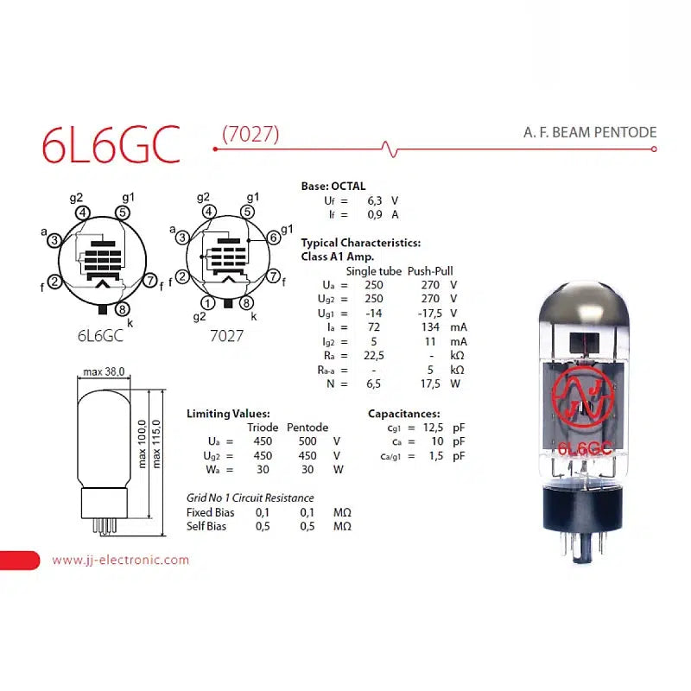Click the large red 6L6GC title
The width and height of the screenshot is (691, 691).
pos(111,145)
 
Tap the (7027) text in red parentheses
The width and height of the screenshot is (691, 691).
pos(250,134)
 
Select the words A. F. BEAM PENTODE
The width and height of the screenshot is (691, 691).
pos(590,132)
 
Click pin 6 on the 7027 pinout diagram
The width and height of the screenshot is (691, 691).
pos(274,238)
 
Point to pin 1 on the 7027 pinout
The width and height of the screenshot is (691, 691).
pos(207,303)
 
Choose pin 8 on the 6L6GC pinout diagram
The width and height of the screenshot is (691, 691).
pos(122,309)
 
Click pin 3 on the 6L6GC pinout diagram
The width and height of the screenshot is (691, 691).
pos(54,240)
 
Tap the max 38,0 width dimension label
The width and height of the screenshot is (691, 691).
pos(104,372)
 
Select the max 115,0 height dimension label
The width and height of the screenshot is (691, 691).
pos(156,444)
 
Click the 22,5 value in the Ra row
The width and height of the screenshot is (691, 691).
pos(374,356)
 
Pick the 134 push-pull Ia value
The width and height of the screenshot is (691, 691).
pos(430,327)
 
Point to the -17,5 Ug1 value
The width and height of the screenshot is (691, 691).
pos(429,314)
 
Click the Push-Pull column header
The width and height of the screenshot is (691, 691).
pos(430,271)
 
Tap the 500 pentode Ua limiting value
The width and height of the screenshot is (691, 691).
pos(307,441)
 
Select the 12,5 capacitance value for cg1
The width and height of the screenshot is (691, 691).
pos(433,428)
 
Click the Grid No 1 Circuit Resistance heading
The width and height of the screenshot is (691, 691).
pos(250,498)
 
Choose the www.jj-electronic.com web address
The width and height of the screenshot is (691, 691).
pos(120,560)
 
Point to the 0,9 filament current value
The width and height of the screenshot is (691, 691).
pos(375,214)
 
